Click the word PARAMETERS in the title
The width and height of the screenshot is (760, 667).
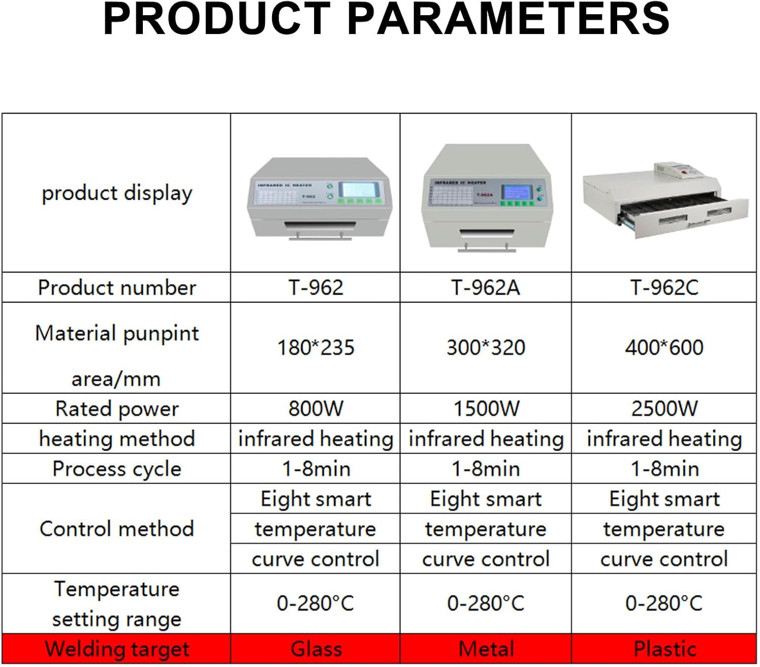click(x=509, y=19)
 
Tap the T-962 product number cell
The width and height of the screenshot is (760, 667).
click(x=316, y=288)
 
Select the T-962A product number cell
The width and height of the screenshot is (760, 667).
click(x=485, y=288)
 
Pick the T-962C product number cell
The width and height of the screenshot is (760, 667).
click(x=664, y=288)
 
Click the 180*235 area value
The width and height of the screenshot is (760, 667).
click(x=316, y=348)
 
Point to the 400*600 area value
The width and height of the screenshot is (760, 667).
click(x=664, y=348)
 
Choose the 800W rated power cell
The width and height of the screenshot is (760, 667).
click(x=316, y=409)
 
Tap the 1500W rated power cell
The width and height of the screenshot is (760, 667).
click(x=485, y=409)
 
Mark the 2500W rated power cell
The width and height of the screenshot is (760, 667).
click(x=664, y=409)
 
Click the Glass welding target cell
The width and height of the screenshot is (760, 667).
click(x=316, y=649)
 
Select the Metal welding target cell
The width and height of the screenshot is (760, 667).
click(x=485, y=649)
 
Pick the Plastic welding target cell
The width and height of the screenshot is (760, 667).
click(x=664, y=649)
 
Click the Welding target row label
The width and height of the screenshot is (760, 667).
click(x=117, y=649)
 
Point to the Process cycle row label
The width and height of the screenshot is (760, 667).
click(x=117, y=469)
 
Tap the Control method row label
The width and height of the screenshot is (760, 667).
click(x=117, y=529)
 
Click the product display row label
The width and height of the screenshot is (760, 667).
click(x=117, y=193)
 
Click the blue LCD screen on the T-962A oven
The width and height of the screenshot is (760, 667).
click(x=517, y=192)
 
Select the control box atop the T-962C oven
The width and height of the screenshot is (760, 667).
click(x=678, y=170)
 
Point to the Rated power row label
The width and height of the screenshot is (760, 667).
click(x=117, y=409)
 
